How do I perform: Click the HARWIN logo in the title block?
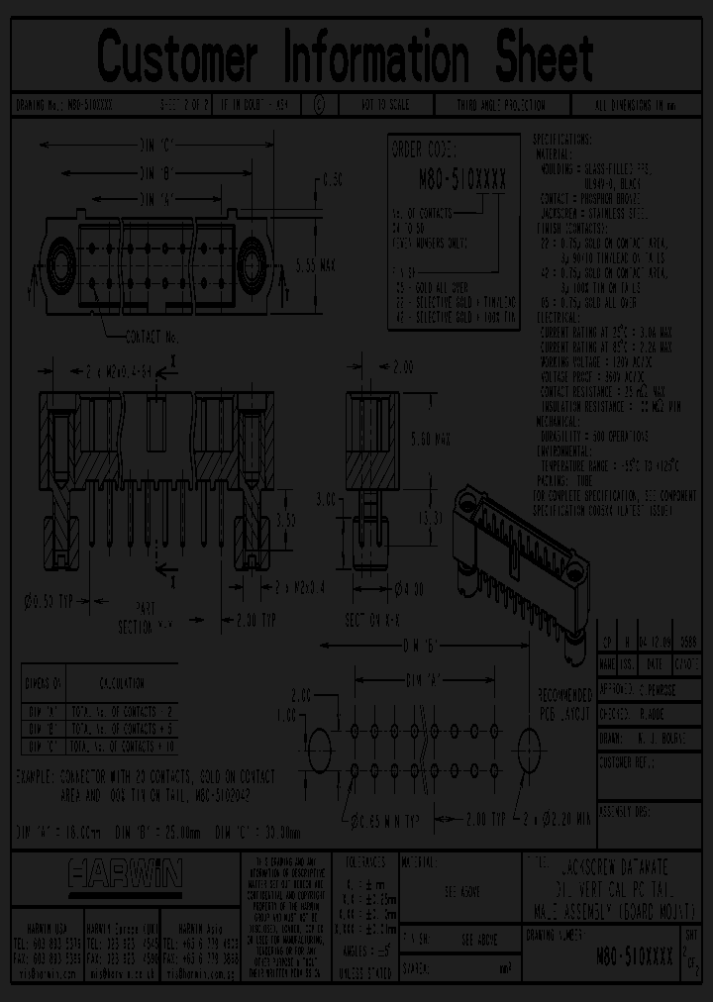pos(125,873)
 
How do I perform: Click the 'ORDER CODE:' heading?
pos(425,150)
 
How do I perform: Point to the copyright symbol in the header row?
pos(317,104)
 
